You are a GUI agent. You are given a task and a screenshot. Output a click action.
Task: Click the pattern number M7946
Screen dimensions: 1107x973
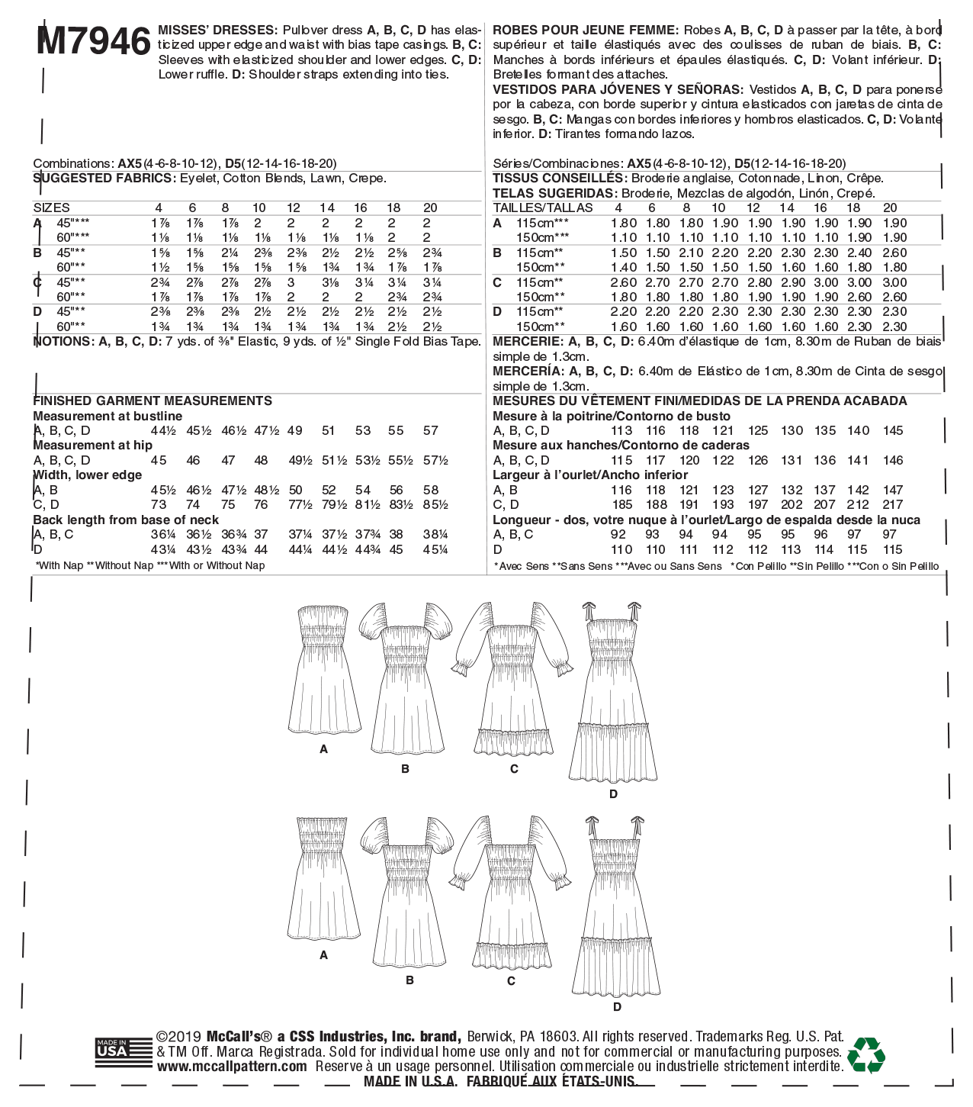click(93, 41)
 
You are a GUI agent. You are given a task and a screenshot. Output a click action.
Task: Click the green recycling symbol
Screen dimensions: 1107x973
click(866, 1055)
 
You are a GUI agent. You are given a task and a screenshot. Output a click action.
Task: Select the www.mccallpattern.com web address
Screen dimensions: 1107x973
click(233, 1067)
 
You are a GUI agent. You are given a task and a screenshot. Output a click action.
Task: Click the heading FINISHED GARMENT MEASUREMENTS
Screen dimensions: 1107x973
click(153, 401)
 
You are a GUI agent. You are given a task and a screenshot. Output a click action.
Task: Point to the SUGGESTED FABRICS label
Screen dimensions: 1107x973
click(104, 179)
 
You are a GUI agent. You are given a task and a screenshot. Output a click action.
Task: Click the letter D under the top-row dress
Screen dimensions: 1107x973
click(613, 794)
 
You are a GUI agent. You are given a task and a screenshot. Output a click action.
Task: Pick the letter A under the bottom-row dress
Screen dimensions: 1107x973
click(324, 955)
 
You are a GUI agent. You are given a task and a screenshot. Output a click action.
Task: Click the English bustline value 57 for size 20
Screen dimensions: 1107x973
click(431, 430)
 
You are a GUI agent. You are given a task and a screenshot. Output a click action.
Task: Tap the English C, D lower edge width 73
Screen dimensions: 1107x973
click(159, 504)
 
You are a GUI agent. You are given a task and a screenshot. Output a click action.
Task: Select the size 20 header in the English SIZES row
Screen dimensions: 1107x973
click(430, 208)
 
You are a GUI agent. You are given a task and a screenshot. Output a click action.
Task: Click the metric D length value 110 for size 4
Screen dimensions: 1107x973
click(621, 549)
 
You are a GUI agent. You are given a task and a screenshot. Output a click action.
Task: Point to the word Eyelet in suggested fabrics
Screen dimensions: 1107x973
click(197, 179)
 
